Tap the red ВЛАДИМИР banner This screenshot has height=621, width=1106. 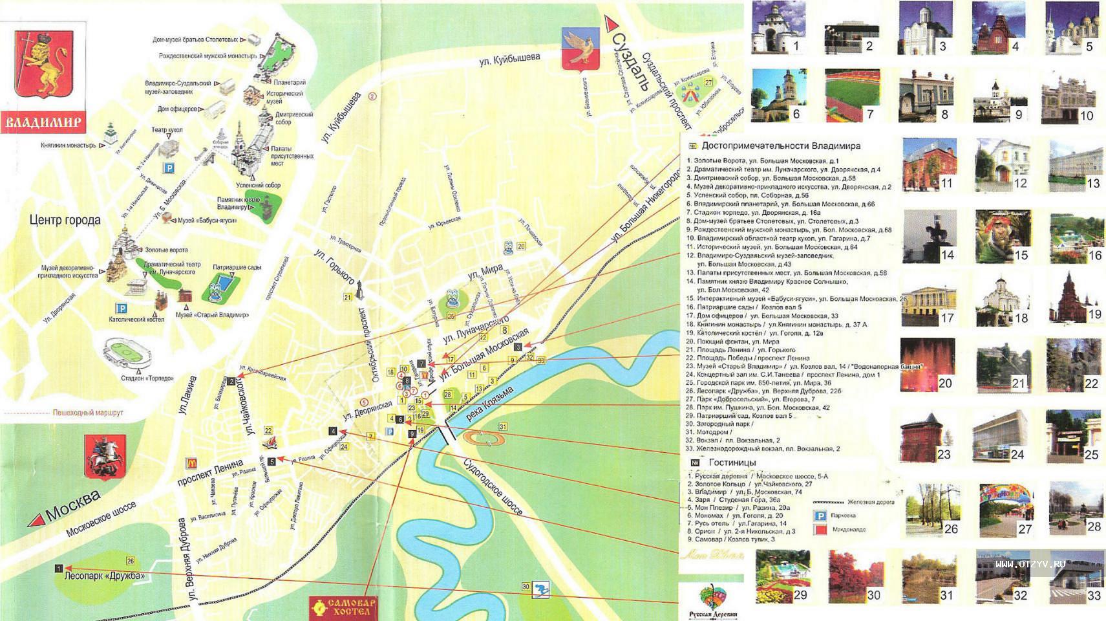coord(44,122)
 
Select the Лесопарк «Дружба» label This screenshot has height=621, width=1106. coord(106,576)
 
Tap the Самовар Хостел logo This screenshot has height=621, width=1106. coord(343,607)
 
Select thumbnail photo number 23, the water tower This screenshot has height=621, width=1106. coord(926,437)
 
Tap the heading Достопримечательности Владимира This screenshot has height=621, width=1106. coord(780,146)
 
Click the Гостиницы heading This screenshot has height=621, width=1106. coord(732,463)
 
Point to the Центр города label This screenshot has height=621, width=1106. coord(65,221)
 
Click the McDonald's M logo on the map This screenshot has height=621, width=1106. coord(191,463)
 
